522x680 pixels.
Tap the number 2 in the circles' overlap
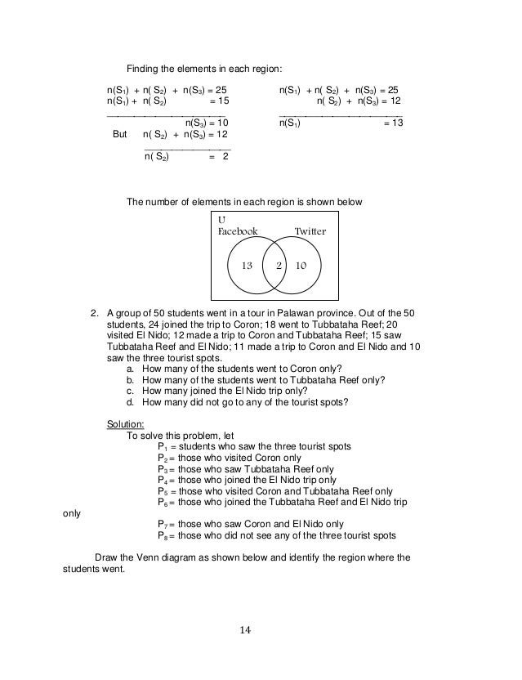pyautogui.click(x=279, y=266)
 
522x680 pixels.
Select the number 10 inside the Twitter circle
pyautogui.click(x=301, y=266)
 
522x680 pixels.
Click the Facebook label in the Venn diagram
pyautogui.click(x=237, y=231)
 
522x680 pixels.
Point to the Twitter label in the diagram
pyautogui.click(x=310, y=231)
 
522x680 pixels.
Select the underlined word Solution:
pyautogui.click(x=126, y=423)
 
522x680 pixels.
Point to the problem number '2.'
pyautogui.click(x=96, y=311)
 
